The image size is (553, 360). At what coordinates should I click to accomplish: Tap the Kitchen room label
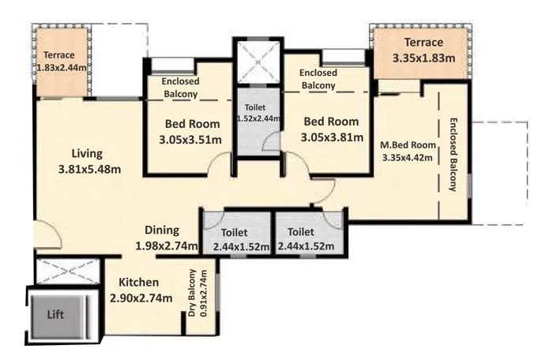click(x=139, y=283)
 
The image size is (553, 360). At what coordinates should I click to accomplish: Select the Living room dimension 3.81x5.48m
click(x=89, y=169)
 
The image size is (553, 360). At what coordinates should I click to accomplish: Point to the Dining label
click(x=162, y=231)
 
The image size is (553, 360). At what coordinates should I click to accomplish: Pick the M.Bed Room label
click(x=408, y=144)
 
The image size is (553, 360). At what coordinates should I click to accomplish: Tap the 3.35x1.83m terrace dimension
click(x=423, y=58)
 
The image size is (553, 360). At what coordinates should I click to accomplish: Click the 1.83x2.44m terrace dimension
click(x=63, y=69)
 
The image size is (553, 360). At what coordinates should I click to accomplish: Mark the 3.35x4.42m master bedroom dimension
click(x=408, y=156)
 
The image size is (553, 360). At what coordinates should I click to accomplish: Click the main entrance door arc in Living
click(x=45, y=238)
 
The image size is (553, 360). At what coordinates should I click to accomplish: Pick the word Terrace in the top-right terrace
click(x=423, y=42)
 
